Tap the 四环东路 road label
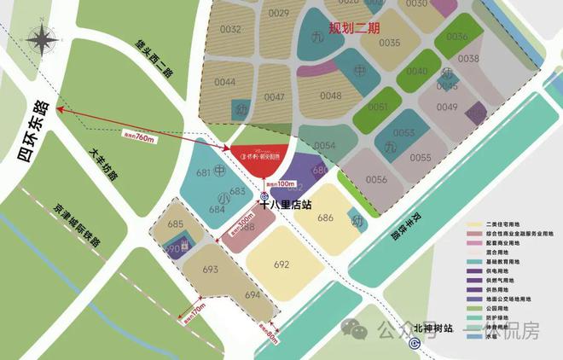[x=29, y=136]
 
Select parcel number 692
[x=281, y=265]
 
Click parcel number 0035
[x=390, y=43]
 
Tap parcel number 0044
[x=225, y=82]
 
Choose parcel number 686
[x=325, y=218]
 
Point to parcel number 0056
[x=377, y=179]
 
